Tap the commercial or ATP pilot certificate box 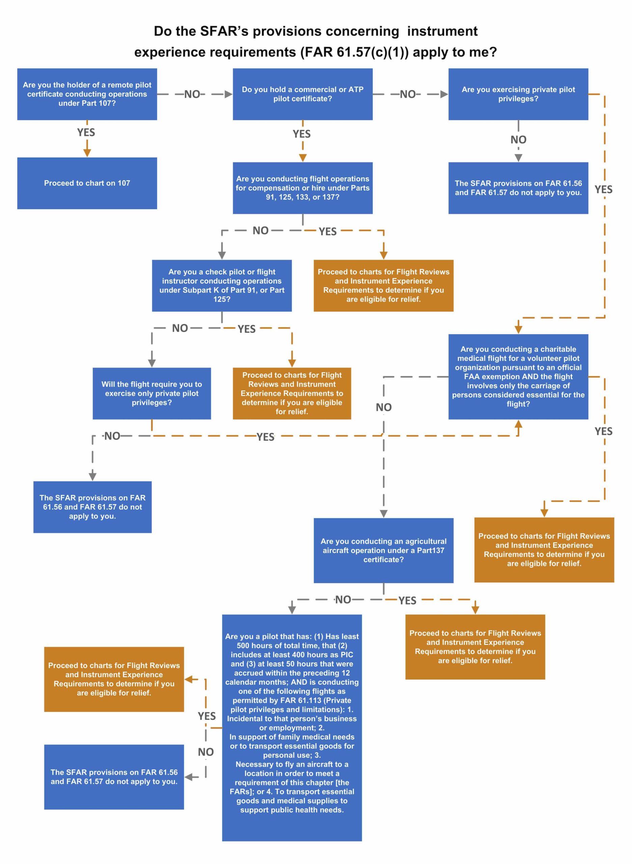[x=302, y=94]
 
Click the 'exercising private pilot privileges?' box [x=518, y=94]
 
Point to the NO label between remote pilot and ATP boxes [x=192, y=94]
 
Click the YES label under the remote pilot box [x=86, y=132]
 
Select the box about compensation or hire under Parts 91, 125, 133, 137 [x=302, y=188]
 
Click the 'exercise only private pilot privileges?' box [x=152, y=393]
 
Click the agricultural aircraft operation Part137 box [x=383, y=550]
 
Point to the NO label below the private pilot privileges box [x=518, y=140]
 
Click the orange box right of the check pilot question [x=292, y=393]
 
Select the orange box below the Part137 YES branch [x=475, y=647]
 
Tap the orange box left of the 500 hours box [x=114, y=679]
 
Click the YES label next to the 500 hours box [x=207, y=715]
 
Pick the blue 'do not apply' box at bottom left [x=114, y=777]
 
